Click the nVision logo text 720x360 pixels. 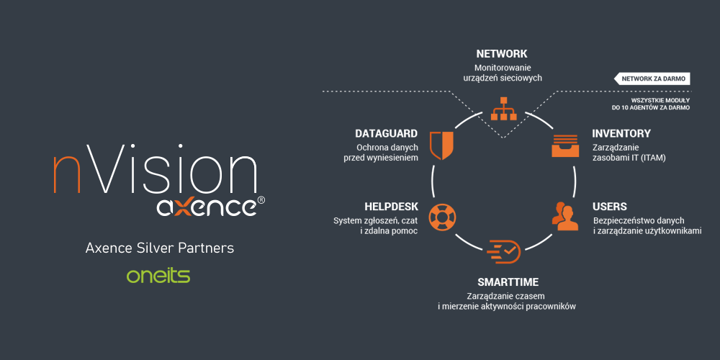tap(156, 168)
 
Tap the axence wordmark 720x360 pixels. tap(206, 207)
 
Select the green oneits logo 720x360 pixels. tap(158, 275)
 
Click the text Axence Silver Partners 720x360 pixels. tap(160, 248)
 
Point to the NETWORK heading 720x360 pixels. tap(501, 54)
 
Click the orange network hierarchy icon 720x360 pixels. tap(503, 109)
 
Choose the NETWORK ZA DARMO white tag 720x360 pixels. tap(652, 78)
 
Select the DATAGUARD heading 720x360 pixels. tap(386, 134)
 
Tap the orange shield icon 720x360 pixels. tap(441, 145)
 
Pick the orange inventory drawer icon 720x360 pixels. tap(563, 146)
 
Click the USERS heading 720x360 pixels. tap(609, 206)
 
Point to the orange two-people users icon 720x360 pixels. tap(565, 216)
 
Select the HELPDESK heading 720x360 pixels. tap(391, 206)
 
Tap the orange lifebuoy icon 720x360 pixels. tap(442, 217)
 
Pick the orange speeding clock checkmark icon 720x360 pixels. tap(504, 251)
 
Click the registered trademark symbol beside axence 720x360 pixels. tap(261, 201)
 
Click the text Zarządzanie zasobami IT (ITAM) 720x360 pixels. tap(629, 153)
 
